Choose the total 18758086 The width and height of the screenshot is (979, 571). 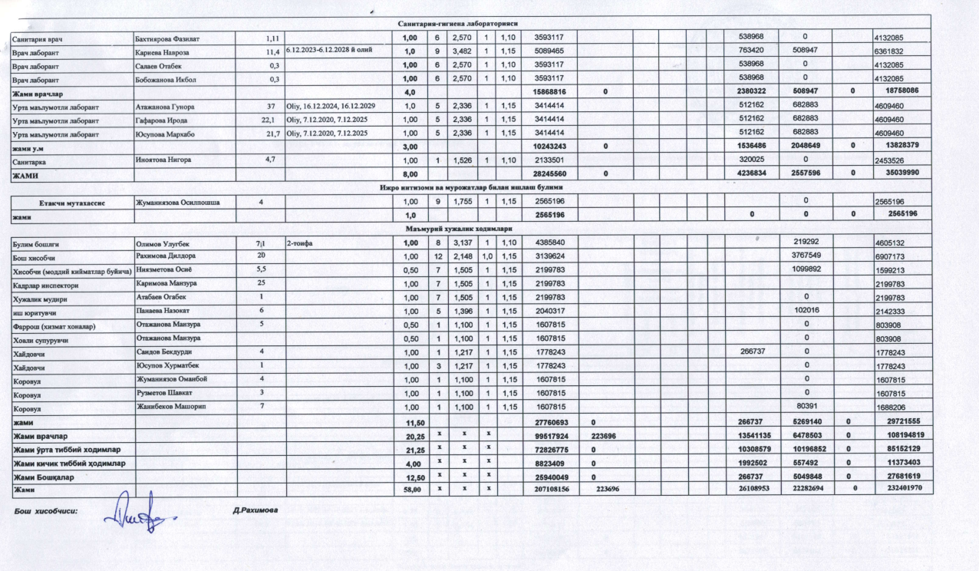898,91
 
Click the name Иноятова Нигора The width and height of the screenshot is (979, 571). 163,159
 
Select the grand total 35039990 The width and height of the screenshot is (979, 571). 898,173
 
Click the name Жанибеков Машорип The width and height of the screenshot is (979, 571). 170,404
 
